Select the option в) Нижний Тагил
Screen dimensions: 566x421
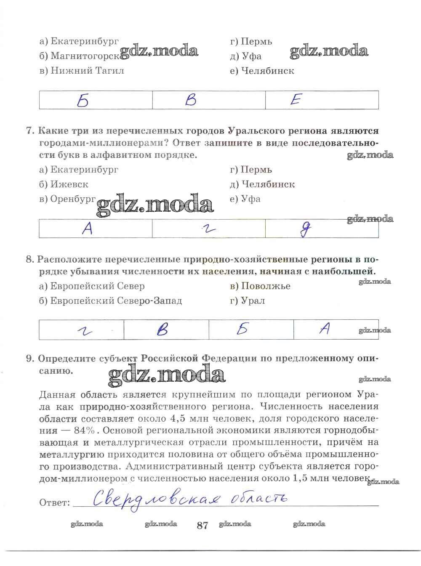[x=82, y=71]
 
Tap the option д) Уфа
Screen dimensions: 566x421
[x=246, y=56]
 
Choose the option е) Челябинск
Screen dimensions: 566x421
[x=262, y=71]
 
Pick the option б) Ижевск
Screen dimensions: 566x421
[x=64, y=184]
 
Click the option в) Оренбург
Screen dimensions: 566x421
[x=67, y=199]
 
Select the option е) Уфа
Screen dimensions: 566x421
[x=245, y=199]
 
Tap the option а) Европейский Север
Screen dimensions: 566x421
[x=92, y=286]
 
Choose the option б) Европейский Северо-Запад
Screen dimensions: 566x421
[x=110, y=301]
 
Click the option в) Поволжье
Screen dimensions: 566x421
[x=260, y=286]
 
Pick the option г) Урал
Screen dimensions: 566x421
[x=248, y=301]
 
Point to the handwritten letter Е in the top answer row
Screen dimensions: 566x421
[x=296, y=100]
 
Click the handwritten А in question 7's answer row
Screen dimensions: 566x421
[x=87, y=229]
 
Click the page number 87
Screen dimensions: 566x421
[x=203, y=525]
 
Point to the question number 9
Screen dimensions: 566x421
[x=29, y=359]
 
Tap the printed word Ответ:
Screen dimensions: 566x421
[x=54, y=503]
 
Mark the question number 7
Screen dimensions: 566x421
[x=29, y=131]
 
